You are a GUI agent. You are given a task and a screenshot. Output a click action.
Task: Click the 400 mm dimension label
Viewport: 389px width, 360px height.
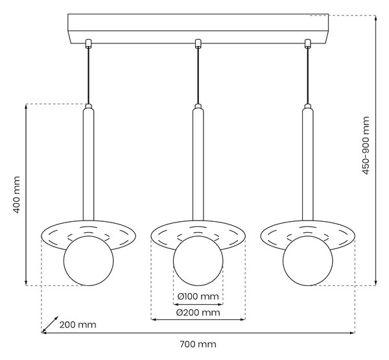pyautogui.click(x=16, y=195)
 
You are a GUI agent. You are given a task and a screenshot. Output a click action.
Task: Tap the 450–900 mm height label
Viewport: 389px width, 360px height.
pyautogui.click(x=366, y=145)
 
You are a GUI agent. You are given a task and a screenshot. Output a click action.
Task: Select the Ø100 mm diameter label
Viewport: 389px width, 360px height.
pyautogui.click(x=198, y=296)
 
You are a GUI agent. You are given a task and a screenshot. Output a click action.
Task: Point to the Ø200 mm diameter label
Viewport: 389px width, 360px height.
pyautogui.click(x=198, y=313)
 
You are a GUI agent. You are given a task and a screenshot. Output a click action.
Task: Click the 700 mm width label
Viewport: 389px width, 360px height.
pyautogui.click(x=198, y=344)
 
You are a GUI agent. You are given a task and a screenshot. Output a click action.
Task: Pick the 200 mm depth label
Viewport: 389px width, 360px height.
pyautogui.click(x=78, y=324)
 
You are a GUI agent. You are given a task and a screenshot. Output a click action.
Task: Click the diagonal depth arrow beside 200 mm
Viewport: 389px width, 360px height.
pyautogui.click(x=50, y=324)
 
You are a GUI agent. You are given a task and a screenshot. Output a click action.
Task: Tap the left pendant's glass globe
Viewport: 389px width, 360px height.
pyautogui.click(x=89, y=261)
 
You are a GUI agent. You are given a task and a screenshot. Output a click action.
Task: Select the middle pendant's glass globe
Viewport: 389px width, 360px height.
pyautogui.click(x=198, y=261)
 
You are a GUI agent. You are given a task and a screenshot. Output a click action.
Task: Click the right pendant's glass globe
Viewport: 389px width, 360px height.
pyautogui.click(x=307, y=261)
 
